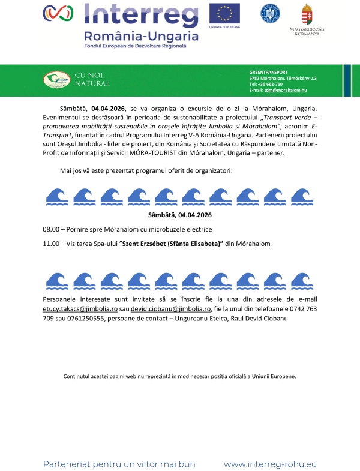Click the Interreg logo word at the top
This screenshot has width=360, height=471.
[x=140, y=13]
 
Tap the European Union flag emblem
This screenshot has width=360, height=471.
[x=224, y=13]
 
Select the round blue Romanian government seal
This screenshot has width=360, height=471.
[x=269, y=13]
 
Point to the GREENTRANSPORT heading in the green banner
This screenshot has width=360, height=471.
[x=268, y=72]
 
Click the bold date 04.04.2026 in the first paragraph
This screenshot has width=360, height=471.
[x=108, y=108]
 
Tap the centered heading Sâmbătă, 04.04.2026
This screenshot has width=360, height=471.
[x=180, y=215]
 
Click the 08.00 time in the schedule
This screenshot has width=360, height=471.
[x=51, y=229]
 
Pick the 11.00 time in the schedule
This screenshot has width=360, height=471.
[x=51, y=244]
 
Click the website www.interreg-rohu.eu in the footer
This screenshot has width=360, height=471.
[x=270, y=464]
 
